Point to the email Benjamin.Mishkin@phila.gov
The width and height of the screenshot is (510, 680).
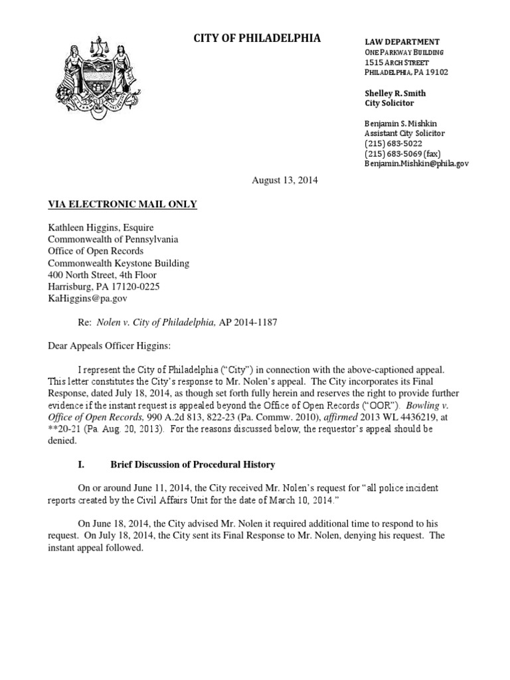416,163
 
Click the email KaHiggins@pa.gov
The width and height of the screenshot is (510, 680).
87,299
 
